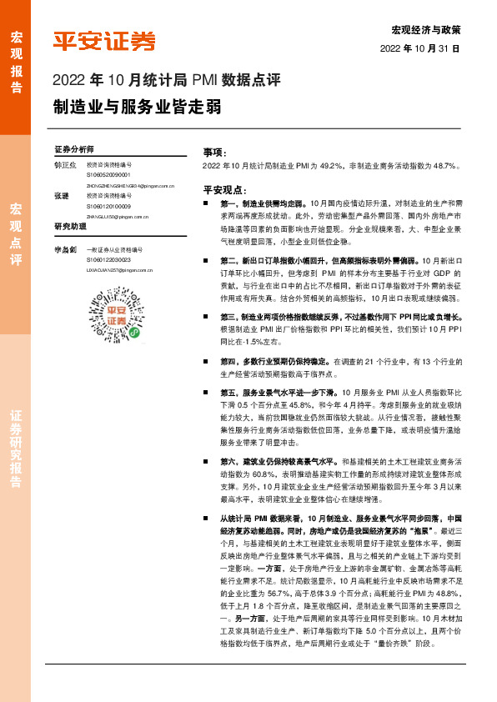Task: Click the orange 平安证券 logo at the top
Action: [104, 42]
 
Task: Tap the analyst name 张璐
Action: [61, 196]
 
